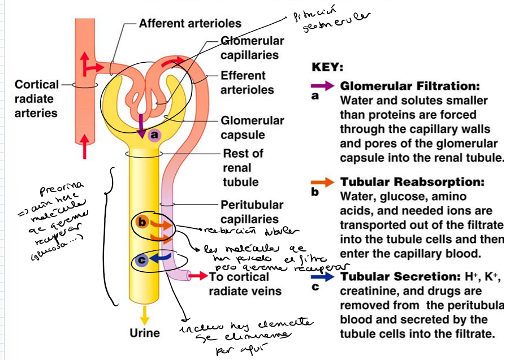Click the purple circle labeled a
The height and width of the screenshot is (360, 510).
(154, 135)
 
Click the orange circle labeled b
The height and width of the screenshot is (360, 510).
(142, 223)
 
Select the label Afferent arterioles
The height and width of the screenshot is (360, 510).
(190, 24)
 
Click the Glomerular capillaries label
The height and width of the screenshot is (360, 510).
(252, 48)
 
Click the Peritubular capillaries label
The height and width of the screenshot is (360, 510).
(252, 212)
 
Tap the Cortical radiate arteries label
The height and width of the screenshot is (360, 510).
(36, 98)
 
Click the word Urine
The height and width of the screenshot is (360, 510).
(145, 333)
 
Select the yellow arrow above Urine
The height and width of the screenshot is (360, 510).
(145, 313)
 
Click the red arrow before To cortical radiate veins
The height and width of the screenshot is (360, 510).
(197, 276)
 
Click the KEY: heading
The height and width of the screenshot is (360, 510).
(327, 67)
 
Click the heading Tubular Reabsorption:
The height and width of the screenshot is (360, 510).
(412, 183)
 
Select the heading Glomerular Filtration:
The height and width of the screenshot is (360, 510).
(409, 86)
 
